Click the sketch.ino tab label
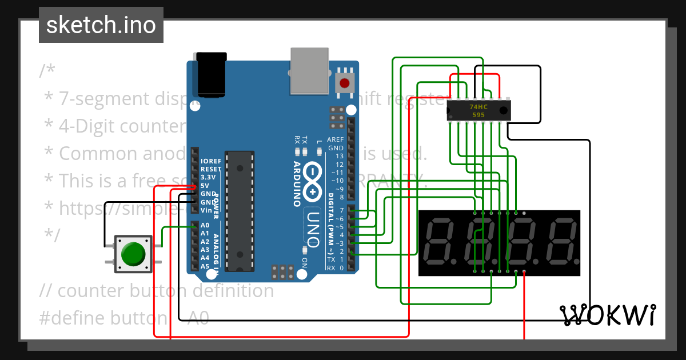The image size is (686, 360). tap(101, 25)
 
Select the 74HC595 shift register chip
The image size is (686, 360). tap(478, 110)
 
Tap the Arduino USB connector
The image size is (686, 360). tap(310, 71)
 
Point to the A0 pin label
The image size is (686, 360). tap(205, 226)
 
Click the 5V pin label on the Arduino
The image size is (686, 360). tap(205, 186)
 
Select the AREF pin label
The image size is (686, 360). tap(335, 140)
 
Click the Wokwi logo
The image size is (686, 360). tap(608, 315)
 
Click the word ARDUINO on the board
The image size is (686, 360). tap(297, 183)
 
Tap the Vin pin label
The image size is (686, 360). tap(206, 210)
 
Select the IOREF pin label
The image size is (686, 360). tap(210, 162)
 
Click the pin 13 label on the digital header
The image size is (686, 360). tap(340, 156)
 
